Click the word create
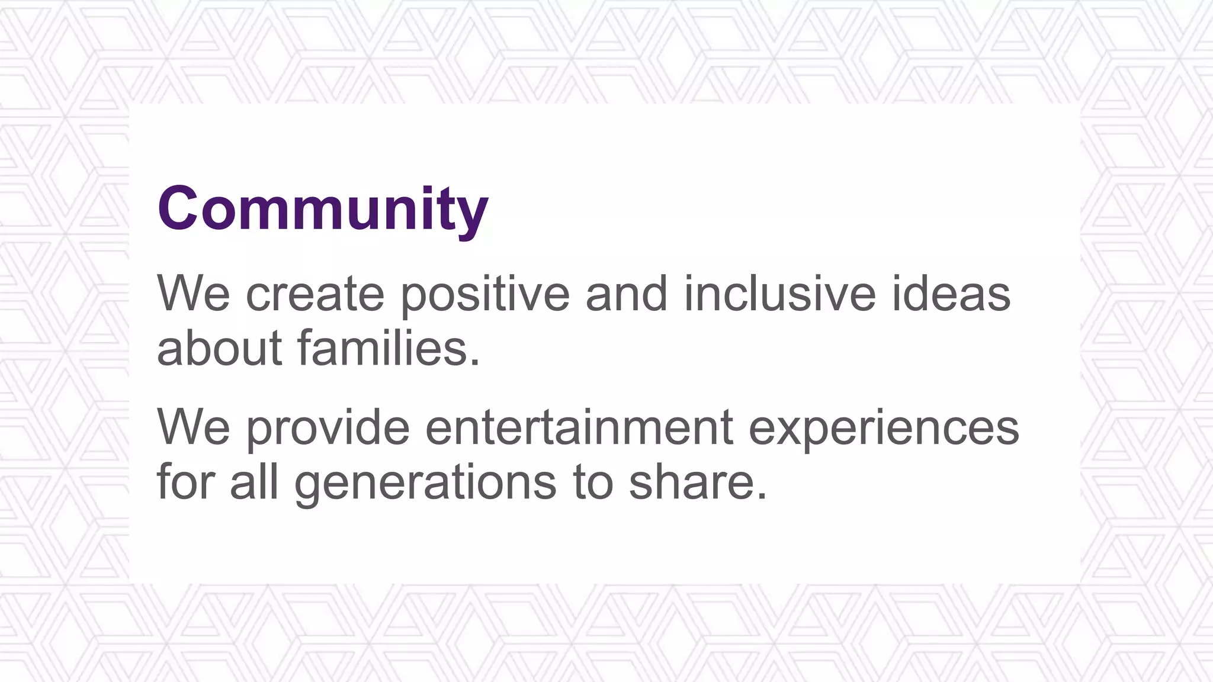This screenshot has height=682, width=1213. pyautogui.click(x=315, y=294)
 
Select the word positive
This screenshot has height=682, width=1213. pyautogui.click(x=485, y=295)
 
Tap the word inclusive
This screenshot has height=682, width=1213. pyautogui.click(x=779, y=294)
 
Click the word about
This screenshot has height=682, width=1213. pyautogui.click(x=219, y=348)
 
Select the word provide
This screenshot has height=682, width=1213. pyautogui.click(x=328, y=427)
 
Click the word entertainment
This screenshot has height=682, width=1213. pyautogui.click(x=579, y=427)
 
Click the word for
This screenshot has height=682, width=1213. pyautogui.click(x=185, y=482)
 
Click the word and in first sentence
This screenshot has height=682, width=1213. pyautogui.click(x=626, y=294)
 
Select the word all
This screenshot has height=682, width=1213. pyautogui.click(x=254, y=482)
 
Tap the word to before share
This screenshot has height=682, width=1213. pyautogui.click(x=592, y=482)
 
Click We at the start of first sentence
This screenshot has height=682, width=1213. pyautogui.click(x=193, y=294)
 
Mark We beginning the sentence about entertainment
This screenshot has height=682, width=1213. pyautogui.click(x=193, y=427)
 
